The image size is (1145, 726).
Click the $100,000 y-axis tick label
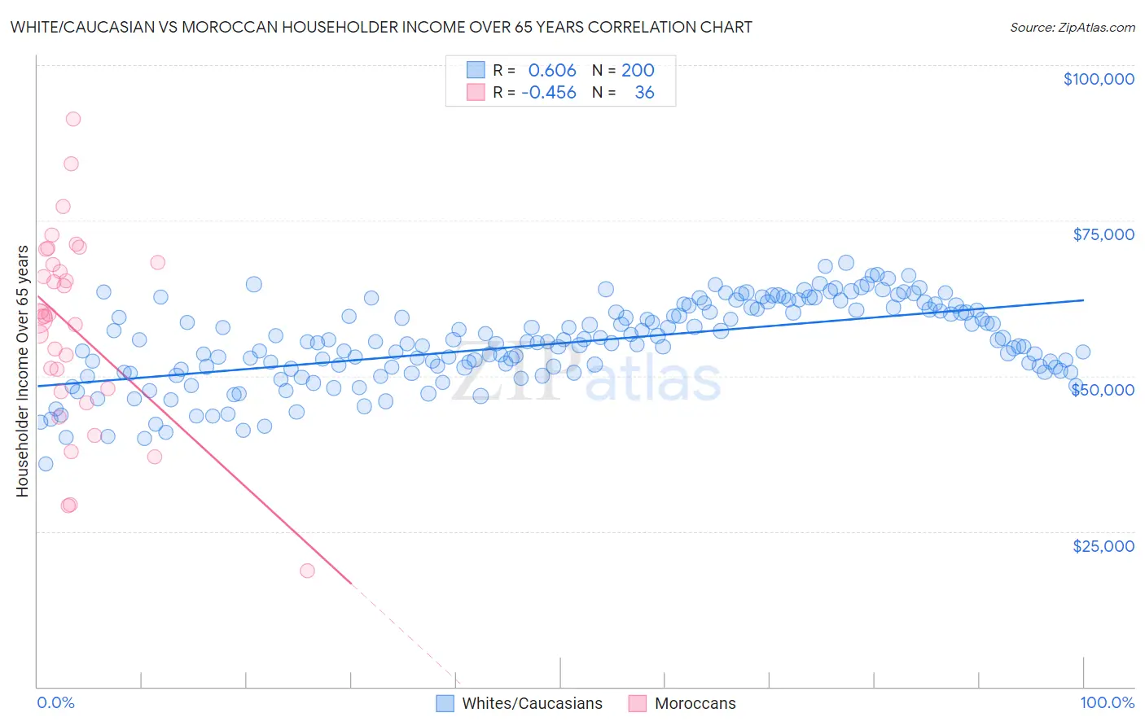pyautogui.click(x=1098, y=79)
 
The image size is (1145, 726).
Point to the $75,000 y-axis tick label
pyautogui.click(x=1103, y=234)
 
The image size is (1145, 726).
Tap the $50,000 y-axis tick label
pyautogui.click(x=1103, y=390)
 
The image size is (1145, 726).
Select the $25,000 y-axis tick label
pyautogui.click(x=1103, y=545)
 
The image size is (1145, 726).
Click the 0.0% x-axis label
pyautogui.click(x=55, y=702)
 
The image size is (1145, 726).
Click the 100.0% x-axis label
pyautogui.click(x=1107, y=702)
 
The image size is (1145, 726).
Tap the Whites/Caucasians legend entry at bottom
pyautogui.click(x=531, y=703)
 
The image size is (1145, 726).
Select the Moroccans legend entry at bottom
pyautogui.click(x=695, y=703)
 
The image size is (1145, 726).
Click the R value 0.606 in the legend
pyautogui.click(x=551, y=71)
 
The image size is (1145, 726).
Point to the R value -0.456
pyautogui.click(x=548, y=93)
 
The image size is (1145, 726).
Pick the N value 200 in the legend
pyautogui.click(x=638, y=71)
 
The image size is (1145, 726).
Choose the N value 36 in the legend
pyautogui.click(x=644, y=93)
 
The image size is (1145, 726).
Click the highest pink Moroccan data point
pyautogui.click(x=72, y=119)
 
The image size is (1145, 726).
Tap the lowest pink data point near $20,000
pyautogui.click(x=307, y=571)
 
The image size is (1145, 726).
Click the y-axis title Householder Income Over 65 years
pyautogui.click(x=23, y=370)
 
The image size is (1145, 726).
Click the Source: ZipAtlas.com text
pyautogui.click(x=1072, y=28)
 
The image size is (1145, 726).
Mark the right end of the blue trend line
pyautogui.click(x=1083, y=300)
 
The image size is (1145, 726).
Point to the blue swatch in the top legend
pyautogui.click(x=476, y=71)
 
